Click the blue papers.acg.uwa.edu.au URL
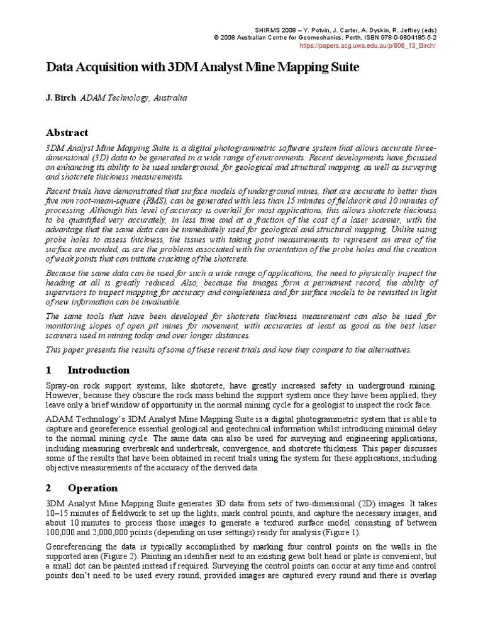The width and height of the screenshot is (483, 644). click(x=368, y=46)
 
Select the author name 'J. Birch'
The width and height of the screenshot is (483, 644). click(x=61, y=98)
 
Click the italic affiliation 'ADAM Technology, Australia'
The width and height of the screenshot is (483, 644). click(x=133, y=98)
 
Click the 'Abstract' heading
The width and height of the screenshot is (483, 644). click(x=67, y=133)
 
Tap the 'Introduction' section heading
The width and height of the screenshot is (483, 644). click(x=98, y=370)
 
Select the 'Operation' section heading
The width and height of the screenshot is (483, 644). click(x=92, y=487)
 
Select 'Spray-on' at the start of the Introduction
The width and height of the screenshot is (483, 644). click(x=64, y=385)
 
